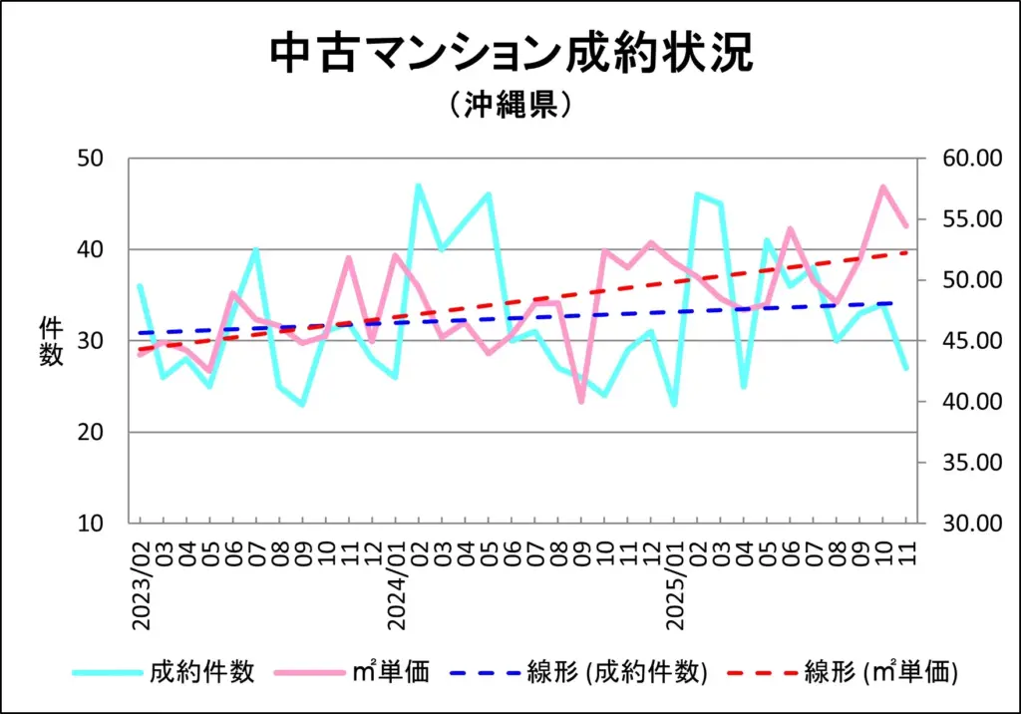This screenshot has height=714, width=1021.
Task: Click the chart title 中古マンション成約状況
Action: click(510, 54)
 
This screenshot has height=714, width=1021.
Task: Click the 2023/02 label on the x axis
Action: click(140, 586)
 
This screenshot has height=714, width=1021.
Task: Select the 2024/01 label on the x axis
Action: click(396, 586)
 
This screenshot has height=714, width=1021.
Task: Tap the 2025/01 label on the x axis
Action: click(674, 586)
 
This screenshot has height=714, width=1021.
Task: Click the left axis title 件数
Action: click(51, 341)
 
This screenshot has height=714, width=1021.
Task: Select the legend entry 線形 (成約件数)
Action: click(616, 672)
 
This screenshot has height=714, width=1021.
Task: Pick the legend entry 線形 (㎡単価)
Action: click(881, 672)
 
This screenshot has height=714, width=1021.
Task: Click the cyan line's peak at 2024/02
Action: click(418, 186)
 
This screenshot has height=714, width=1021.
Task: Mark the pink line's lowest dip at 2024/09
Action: click(581, 401)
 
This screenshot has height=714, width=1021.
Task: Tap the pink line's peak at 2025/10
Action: click(883, 186)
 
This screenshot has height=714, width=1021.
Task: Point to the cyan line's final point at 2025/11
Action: click(906, 369)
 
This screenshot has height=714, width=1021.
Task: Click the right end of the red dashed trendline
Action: click(906, 252)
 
